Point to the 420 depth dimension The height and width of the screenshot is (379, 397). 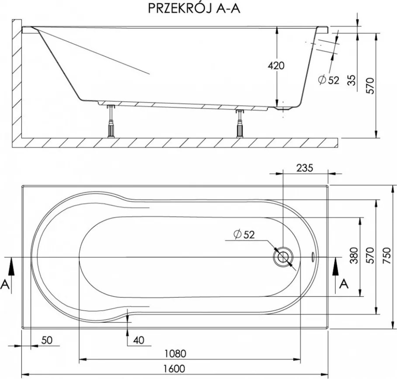coord(276,66)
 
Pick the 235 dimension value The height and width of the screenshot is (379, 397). coord(304,168)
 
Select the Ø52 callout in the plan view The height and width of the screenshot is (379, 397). coord(243,234)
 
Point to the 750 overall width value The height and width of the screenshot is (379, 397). coord(387,257)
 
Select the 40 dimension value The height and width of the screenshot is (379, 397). coord(138,340)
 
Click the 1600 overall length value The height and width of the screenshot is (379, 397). coord(176,369)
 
